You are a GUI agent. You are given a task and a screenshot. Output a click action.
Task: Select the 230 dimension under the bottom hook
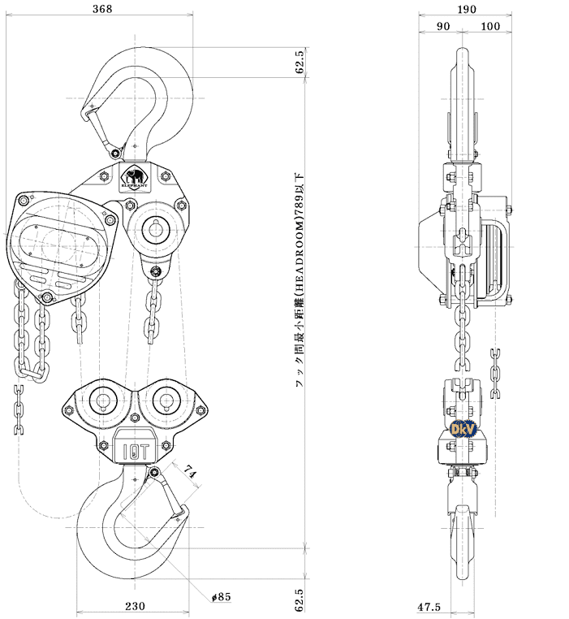point(135,606)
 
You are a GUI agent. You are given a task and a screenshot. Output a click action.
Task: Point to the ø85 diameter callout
point(221,597)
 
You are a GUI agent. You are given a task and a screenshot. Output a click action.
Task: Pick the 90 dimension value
point(443,26)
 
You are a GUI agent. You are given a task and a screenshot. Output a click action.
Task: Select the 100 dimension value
point(489,26)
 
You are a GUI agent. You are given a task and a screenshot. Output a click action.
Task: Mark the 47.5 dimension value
point(429,607)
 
